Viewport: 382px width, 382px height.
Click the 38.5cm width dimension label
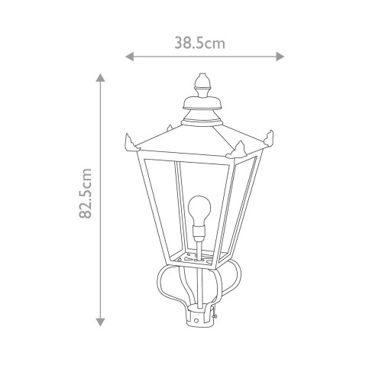click(200, 44)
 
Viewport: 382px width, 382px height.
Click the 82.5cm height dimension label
click(86, 193)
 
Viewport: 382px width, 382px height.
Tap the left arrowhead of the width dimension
click(129, 57)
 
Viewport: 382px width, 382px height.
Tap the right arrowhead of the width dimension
click(280, 57)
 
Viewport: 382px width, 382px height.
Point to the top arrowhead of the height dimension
click(101, 78)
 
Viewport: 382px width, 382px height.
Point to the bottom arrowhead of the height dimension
click(101, 322)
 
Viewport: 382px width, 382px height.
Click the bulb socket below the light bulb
click(199, 234)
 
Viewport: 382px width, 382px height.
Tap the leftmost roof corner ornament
click(130, 142)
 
